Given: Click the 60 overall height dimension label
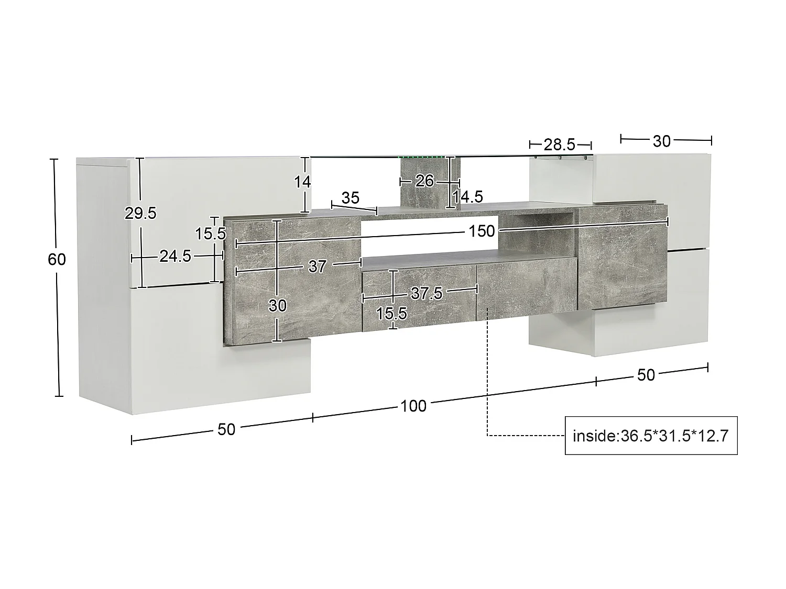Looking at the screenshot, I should pos(57,259).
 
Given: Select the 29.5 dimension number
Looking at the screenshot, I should pos(140,213).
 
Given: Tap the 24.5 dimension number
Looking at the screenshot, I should pos(175,257).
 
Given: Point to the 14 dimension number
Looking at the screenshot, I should pos(302,182).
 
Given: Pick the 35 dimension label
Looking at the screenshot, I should pos(351,198).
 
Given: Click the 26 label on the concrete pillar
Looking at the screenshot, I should pos(424,181).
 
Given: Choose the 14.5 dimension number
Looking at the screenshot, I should pos(468,197).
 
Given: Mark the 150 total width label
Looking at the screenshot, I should pos(482,231).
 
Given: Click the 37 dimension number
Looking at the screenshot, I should pos(317,266).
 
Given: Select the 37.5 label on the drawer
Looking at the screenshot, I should pos(427,293).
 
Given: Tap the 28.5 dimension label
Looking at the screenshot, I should pos(560,144).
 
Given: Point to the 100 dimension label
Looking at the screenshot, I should pos(413,406).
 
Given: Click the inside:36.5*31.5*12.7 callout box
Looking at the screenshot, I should pos(651,436).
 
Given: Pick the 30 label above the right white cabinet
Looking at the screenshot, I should pos(662,141).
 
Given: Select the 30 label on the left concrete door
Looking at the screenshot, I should pos(277,305).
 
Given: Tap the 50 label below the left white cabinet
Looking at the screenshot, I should pos(226,429).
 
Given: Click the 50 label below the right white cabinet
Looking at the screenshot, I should pos(646,375).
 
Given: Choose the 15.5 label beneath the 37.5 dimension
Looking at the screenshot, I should pos(391,314).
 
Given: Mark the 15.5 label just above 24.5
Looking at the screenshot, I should pos(211,234).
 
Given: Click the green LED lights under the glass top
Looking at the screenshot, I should pos(425,155).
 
